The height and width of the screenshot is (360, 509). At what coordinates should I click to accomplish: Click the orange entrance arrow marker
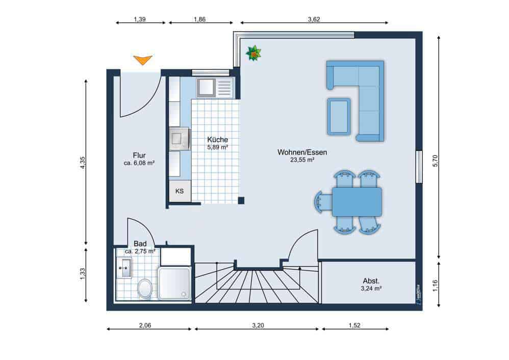point(143,60)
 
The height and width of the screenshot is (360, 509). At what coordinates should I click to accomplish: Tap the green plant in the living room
point(253,53)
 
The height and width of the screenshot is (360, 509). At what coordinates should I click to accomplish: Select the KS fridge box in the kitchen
point(180,191)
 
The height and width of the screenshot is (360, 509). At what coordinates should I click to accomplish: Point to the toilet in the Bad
point(145,289)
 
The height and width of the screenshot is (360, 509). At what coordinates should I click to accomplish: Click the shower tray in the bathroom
point(174,283)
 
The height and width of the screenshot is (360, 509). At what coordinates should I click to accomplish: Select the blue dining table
point(357,201)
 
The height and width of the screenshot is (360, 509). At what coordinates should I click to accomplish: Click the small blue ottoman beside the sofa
point(339,116)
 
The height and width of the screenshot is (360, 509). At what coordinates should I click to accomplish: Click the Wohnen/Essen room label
point(302,152)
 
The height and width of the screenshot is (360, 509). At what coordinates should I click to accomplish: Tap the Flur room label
point(139,156)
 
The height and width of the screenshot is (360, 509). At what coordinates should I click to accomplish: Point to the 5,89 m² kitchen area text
point(217,147)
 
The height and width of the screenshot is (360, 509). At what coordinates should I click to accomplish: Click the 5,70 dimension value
point(435,161)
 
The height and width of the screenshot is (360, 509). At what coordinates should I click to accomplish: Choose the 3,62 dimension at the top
point(314,19)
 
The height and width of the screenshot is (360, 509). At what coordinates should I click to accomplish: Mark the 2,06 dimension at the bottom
point(144,325)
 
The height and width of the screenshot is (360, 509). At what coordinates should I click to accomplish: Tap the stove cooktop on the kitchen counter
point(180,138)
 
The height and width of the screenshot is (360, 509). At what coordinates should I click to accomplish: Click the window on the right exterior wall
point(419,166)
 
